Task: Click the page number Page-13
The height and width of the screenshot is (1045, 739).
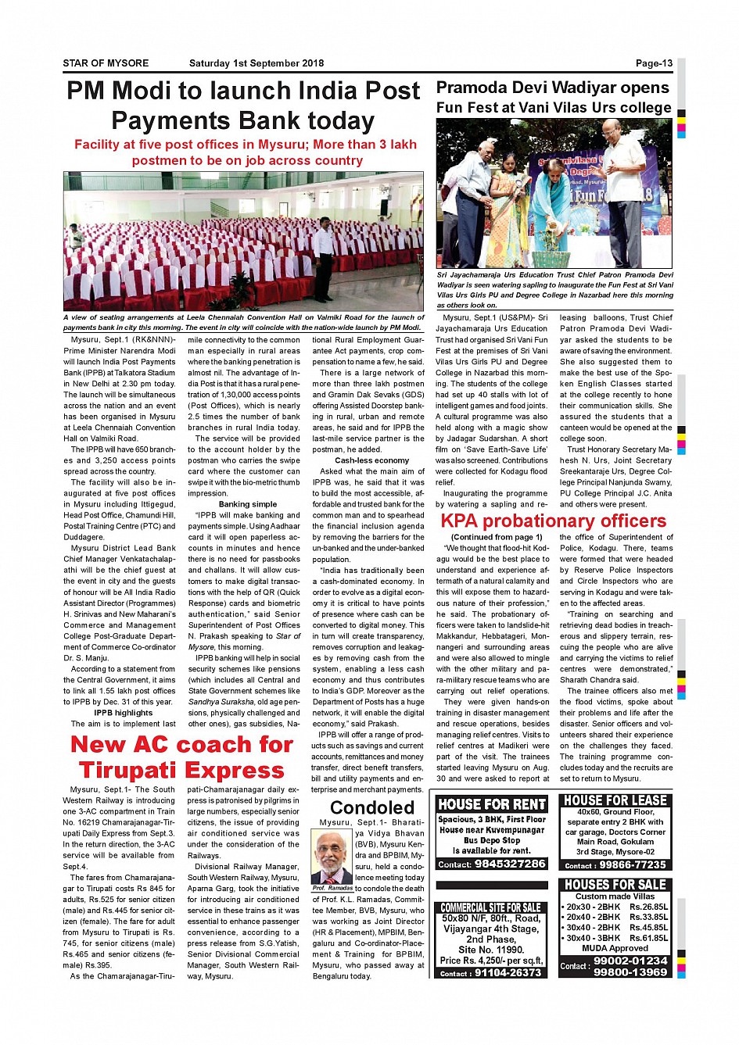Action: click(x=654, y=63)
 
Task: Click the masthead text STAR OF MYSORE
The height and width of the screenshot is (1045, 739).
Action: click(x=106, y=63)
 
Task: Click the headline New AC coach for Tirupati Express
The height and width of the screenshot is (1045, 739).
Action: click(x=181, y=757)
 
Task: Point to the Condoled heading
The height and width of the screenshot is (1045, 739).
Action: click(x=372, y=807)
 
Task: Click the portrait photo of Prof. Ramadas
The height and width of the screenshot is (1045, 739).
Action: click(x=332, y=857)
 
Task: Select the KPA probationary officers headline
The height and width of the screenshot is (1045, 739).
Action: click(x=554, y=521)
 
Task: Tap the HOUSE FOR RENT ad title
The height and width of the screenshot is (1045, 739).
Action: click(x=492, y=804)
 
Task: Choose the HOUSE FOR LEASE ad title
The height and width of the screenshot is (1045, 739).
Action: click(x=615, y=800)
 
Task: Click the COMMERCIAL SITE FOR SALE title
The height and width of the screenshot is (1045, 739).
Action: click(x=490, y=907)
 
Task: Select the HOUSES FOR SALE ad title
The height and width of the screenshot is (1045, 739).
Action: click(x=615, y=885)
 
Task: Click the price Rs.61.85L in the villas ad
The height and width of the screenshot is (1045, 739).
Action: click(x=648, y=938)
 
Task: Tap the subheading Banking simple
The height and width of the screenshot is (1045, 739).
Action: click(x=248, y=504)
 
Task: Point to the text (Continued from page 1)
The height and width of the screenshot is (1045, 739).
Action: click(x=497, y=537)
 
